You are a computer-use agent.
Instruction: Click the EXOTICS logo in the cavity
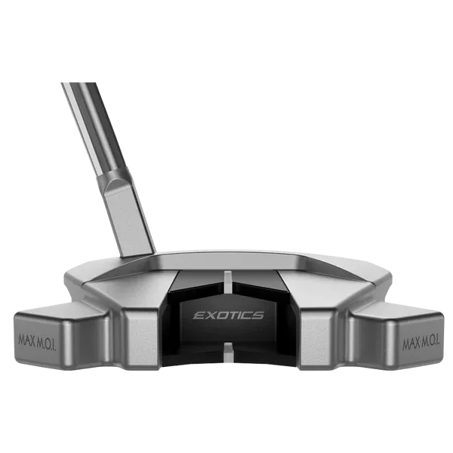(228, 315)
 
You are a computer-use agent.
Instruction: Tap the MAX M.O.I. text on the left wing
(37, 342)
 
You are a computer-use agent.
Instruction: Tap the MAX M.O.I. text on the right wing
(421, 343)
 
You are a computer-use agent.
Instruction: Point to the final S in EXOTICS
(258, 315)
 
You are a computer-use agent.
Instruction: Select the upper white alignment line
(228, 285)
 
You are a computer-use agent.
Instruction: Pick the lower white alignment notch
(228, 352)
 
